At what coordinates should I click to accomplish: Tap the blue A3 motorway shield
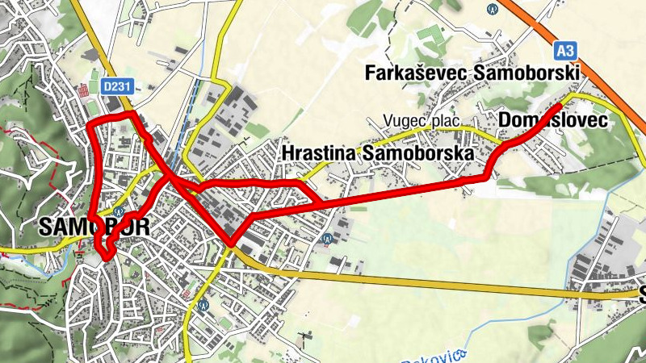(566, 51)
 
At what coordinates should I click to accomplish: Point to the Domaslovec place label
(553, 121)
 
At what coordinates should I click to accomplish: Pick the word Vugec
(405, 122)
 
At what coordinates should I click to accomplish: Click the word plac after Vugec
(446, 122)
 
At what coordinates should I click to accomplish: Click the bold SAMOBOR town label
(94, 227)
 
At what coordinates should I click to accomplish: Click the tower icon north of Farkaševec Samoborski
(493, 9)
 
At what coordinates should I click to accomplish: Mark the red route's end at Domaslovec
(560, 106)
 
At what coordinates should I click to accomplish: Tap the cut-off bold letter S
(642, 293)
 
